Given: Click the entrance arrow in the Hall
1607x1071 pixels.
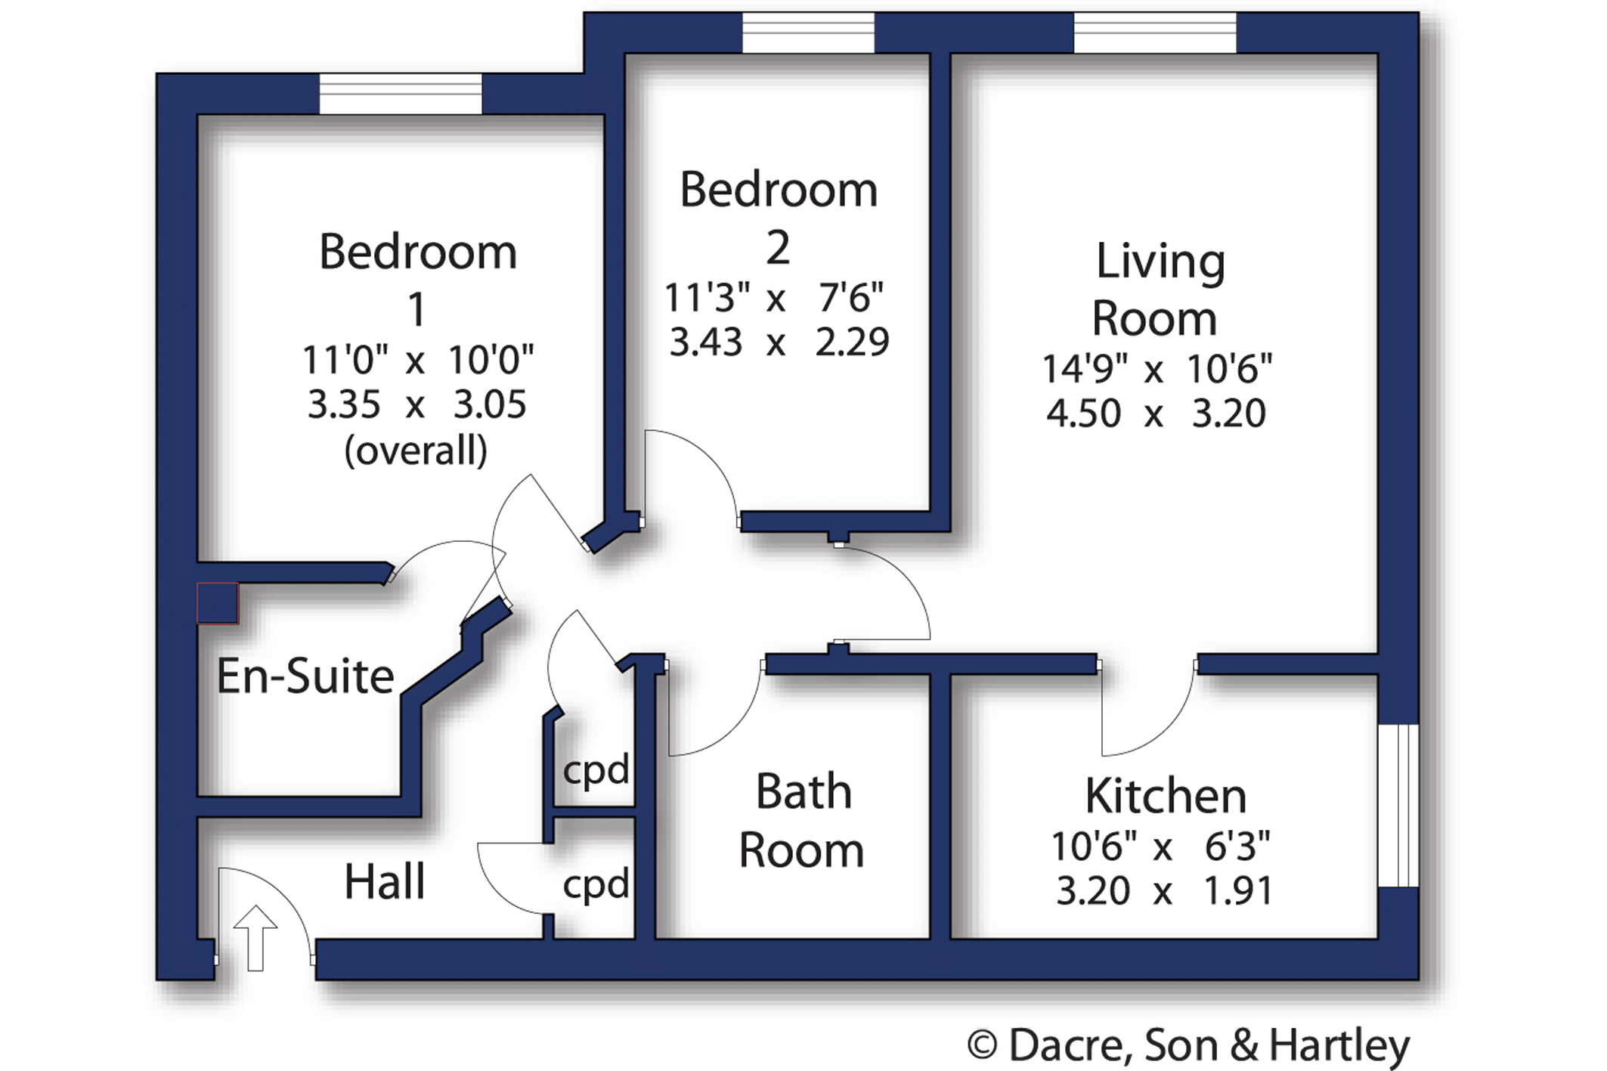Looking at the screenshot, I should click(255, 937).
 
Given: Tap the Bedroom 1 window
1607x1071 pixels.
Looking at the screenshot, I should click(401, 94).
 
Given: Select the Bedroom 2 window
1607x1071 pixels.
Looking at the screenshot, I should click(808, 33).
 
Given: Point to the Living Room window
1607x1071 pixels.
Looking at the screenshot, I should click(1155, 33).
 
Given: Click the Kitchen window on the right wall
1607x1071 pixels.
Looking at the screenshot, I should click(1398, 805).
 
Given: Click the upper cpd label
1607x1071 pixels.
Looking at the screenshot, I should click(596, 770).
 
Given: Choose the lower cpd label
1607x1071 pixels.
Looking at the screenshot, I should click(596, 884).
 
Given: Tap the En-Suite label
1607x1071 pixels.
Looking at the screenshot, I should click(305, 676).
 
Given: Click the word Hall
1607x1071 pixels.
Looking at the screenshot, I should click(385, 881).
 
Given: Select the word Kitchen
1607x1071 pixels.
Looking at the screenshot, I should click(1166, 796).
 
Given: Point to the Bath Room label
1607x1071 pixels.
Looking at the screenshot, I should click(802, 821).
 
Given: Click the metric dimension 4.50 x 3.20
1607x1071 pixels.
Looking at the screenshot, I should click(1156, 413).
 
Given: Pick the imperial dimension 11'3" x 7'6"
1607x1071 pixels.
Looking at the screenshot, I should click(774, 298).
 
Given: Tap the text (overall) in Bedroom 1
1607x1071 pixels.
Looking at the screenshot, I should click(416, 451).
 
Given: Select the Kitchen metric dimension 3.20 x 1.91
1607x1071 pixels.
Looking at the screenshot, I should click(1164, 891).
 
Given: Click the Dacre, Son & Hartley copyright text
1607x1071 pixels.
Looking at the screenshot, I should click(1188, 1045).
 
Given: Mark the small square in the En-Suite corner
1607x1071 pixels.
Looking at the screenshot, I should click(218, 603).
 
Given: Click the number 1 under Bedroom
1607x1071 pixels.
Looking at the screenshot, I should click(416, 310).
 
